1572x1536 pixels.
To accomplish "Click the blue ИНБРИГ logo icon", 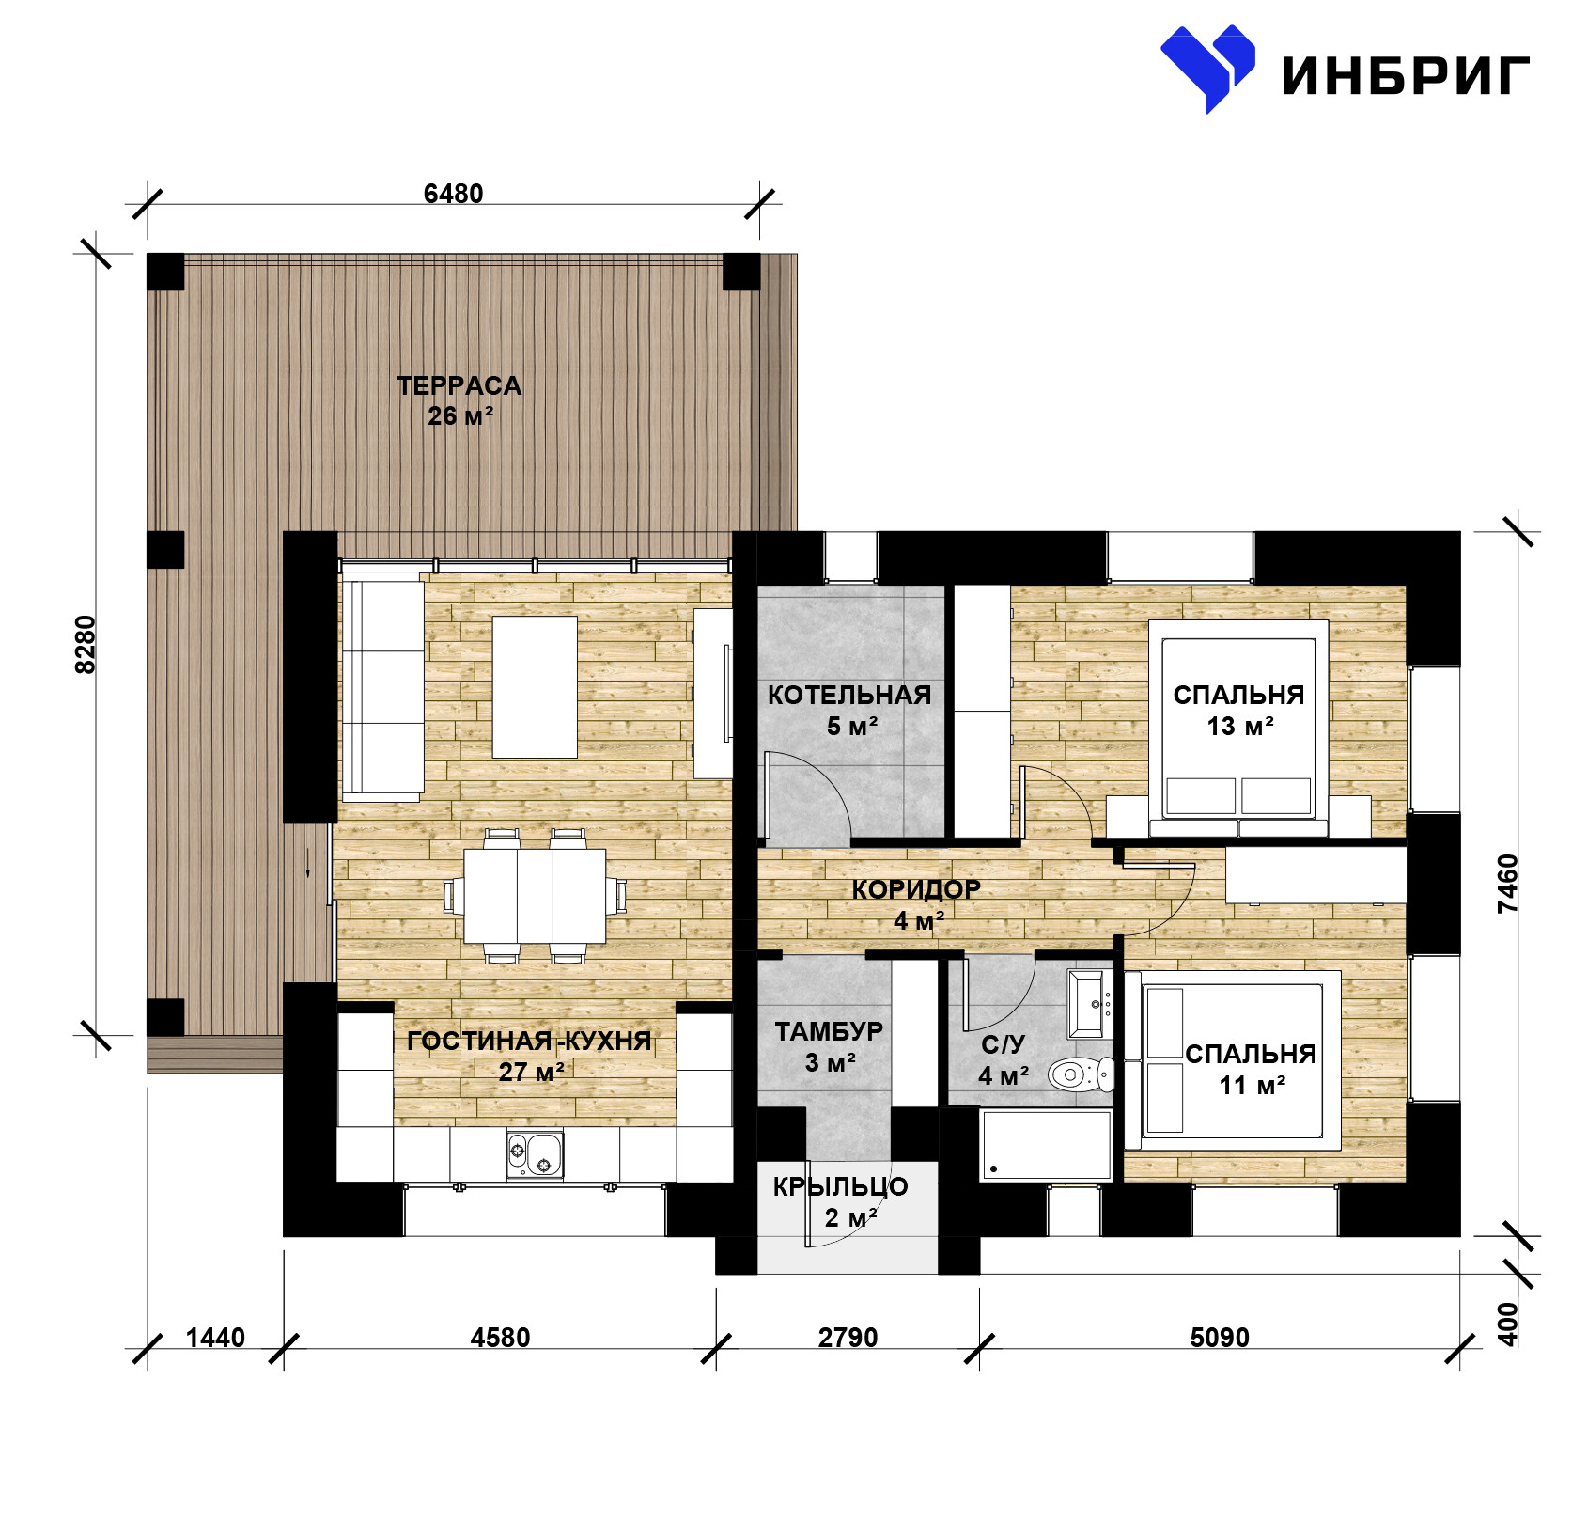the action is pyautogui.click(x=1207, y=68).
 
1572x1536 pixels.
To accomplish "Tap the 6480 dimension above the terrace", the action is pyautogui.click(x=453, y=194).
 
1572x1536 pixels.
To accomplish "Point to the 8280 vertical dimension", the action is pyautogui.click(x=86, y=644).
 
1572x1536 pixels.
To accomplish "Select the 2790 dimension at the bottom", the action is pyautogui.click(x=848, y=1338).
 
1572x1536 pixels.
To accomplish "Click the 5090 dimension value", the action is pyautogui.click(x=1220, y=1338).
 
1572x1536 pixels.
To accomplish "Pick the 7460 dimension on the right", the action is pyautogui.click(x=1507, y=884).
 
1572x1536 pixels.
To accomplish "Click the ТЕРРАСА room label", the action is pyautogui.click(x=459, y=385).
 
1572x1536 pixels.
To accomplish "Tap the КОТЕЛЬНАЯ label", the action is pyautogui.click(x=849, y=696).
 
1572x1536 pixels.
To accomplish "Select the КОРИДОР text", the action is pyautogui.click(x=916, y=889).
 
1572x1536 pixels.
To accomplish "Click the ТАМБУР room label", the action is pyautogui.click(x=829, y=1031).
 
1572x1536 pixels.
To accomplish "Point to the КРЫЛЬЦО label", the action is pyautogui.click(x=840, y=1187).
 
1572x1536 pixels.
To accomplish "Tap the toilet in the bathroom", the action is pyautogui.click(x=1081, y=1074).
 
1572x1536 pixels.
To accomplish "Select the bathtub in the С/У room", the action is pyautogui.click(x=1046, y=1145).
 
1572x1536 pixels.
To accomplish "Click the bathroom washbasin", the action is pyautogui.click(x=1090, y=1004).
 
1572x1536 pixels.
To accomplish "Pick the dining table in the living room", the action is pyautogui.click(x=535, y=896).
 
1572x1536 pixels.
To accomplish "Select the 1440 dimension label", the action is pyautogui.click(x=215, y=1338).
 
